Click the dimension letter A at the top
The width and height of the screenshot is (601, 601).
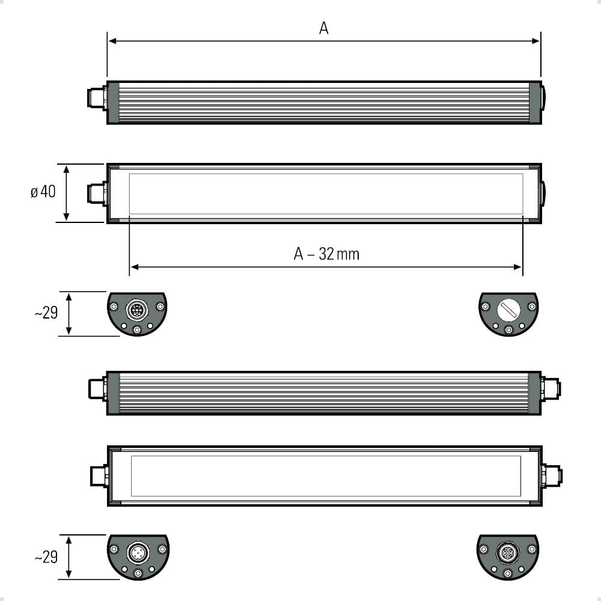(x=323, y=28)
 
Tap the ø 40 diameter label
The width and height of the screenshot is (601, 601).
(x=43, y=192)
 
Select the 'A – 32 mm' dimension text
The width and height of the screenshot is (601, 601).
(x=326, y=254)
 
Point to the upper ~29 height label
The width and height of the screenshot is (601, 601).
(x=46, y=313)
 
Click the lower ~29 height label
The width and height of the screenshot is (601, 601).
(x=46, y=557)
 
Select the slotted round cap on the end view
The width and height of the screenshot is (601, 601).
(x=508, y=310)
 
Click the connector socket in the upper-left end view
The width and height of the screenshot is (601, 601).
(x=136, y=310)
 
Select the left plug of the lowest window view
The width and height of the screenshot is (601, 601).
(x=99, y=476)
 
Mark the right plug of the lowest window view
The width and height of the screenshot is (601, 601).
(x=552, y=476)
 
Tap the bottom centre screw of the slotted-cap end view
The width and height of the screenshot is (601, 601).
(x=508, y=329)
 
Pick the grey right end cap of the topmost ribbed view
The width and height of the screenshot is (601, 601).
(x=535, y=102)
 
